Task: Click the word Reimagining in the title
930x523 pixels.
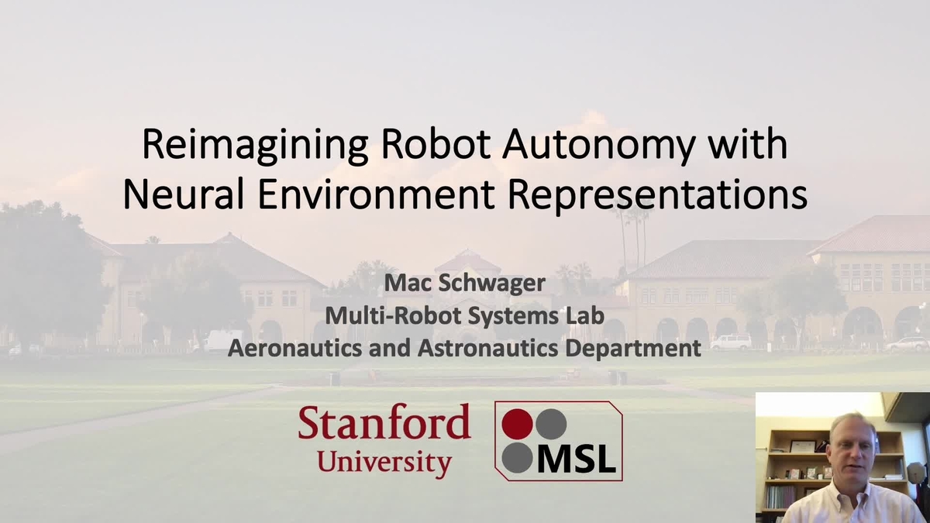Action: click(255, 146)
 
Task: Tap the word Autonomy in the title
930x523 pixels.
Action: click(599, 146)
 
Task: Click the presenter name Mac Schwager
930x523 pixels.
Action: click(464, 284)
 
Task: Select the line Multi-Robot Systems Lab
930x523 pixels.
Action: click(464, 316)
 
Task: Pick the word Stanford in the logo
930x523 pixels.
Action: click(384, 421)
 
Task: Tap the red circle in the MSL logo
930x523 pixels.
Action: click(517, 424)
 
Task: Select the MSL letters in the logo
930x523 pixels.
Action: click(577, 459)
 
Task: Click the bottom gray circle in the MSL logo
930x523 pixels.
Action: click(517, 458)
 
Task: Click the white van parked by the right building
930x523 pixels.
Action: click(730, 342)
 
